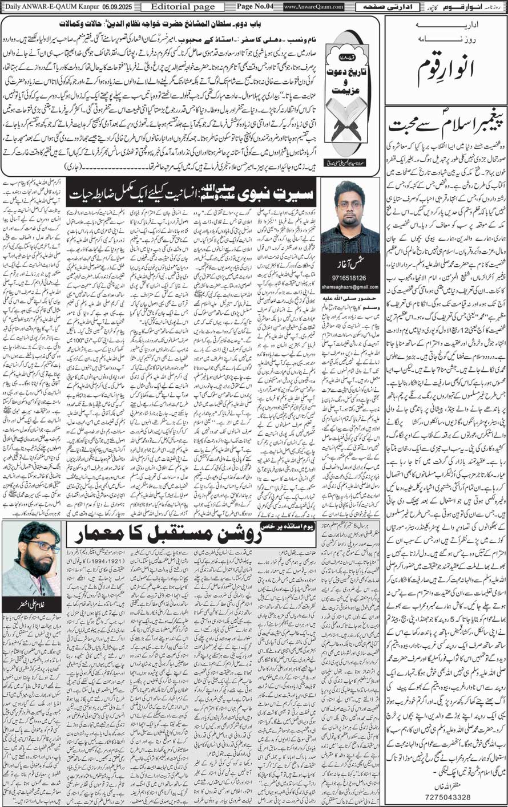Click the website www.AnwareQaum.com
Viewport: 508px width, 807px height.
tap(313, 6)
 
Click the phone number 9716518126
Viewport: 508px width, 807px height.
tap(349, 278)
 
